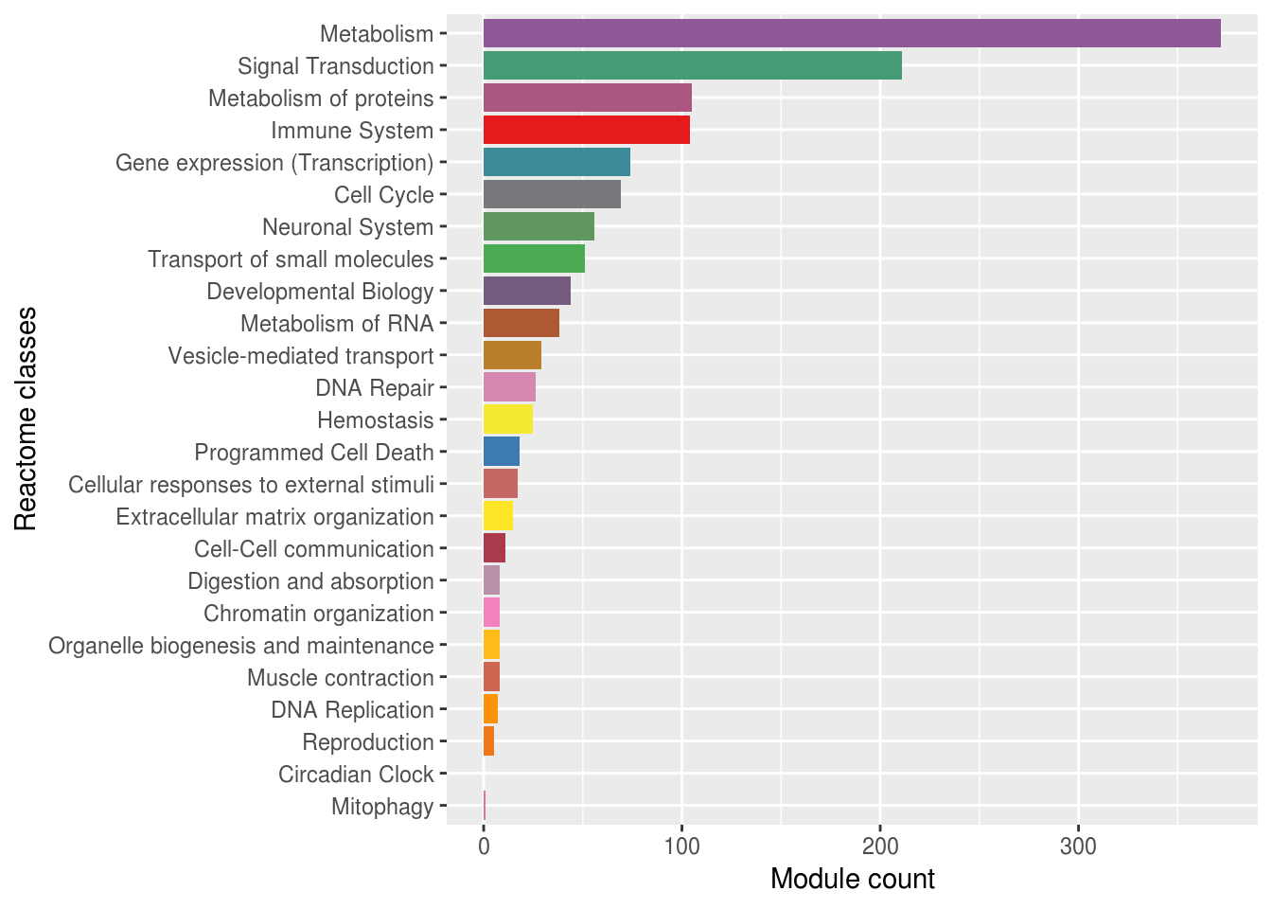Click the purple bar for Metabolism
(x=852, y=33)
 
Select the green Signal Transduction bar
(x=692, y=65)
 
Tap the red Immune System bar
(x=586, y=130)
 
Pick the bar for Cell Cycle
(x=552, y=194)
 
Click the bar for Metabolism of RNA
(x=521, y=323)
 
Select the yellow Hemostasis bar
(x=508, y=419)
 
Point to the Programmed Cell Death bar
(x=502, y=452)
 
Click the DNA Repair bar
(x=509, y=387)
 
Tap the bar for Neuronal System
(x=539, y=226)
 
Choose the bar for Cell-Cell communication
(x=494, y=548)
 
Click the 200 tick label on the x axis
(x=880, y=846)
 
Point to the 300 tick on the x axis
(x=1078, y=846)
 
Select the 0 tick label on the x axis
(x=484, y=846)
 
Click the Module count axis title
(x=852, y=880)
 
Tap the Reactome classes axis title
(x=26, y=419)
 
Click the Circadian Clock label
(x=356, y=775)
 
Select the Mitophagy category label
(x=382, y=807)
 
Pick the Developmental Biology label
(x=320, y=292)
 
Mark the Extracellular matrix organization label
(x=274, y=517)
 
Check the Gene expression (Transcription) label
(x=274, y=163)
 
